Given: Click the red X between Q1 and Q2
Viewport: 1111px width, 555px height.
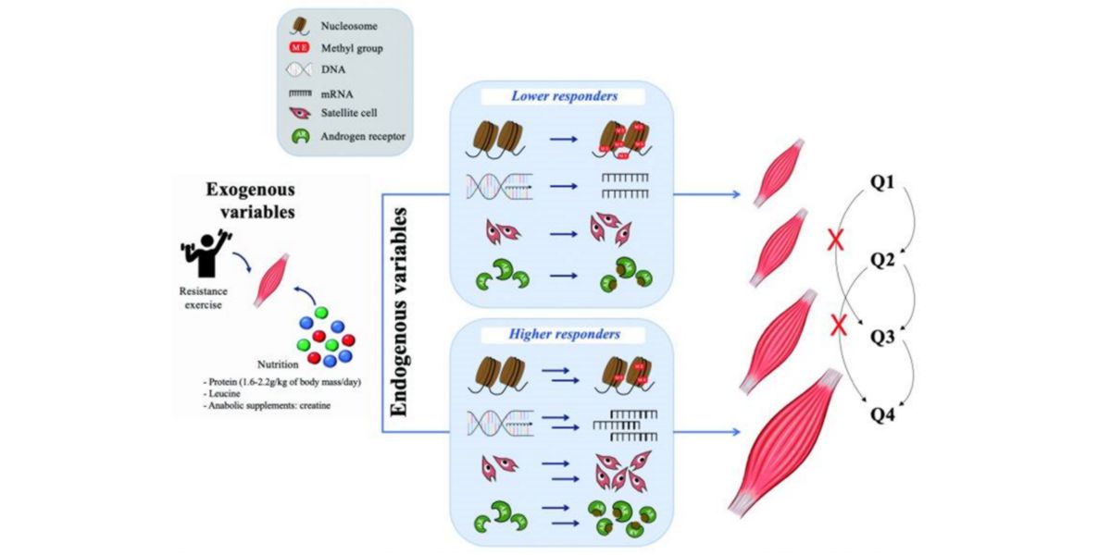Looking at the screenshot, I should [838, 242].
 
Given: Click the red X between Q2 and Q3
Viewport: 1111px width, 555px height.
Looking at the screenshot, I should [838, 325].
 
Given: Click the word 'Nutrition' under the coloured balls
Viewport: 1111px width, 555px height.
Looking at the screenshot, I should [306, 364].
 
